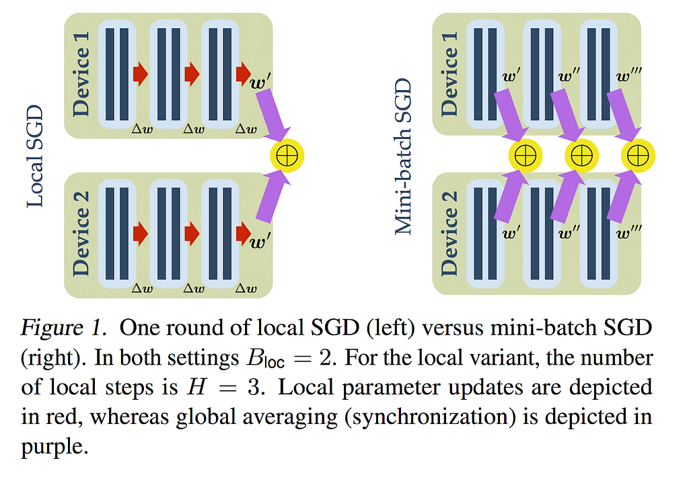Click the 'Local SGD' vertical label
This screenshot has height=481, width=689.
click(35, 156)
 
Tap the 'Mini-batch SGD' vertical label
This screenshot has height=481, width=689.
click(402, 157)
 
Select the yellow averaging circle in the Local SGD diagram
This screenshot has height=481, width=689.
click(287, 155)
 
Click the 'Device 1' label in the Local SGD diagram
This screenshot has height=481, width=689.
click(81, 74)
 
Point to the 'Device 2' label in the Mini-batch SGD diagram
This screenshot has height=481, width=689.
click(449, 233)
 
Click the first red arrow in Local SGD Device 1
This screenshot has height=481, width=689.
click(141, 74)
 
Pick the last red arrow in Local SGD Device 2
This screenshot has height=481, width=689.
click(244, 233)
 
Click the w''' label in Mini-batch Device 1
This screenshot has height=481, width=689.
click(629, 77)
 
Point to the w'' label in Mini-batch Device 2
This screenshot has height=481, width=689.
click(569, 232)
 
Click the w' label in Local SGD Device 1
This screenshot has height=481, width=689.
click(260, 82)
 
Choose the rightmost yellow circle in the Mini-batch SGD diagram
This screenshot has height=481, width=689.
click(638, 155)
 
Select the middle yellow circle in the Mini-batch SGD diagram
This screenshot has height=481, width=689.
click(581, 155)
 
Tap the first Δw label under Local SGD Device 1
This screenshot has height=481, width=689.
click(143, 129)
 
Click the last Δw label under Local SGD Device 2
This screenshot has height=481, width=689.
click(246, 288)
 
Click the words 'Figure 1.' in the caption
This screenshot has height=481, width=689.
click(64, 327)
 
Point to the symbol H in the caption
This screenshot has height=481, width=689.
click(196, 387)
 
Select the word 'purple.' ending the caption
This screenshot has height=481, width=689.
click(55, 447)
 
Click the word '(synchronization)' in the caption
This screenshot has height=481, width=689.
click(430, 417)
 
